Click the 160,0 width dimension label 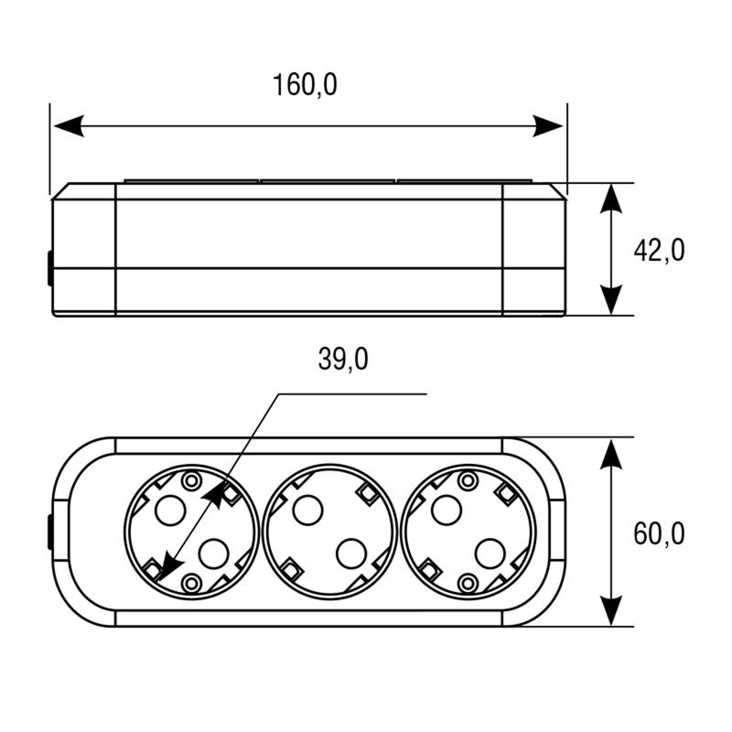coord(305,84)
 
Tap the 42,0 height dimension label coord(659,250)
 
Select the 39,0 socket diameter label coord(343,359)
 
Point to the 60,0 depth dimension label coord(659,533)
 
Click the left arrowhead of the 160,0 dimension coord(70,125)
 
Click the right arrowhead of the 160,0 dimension coord(547,125)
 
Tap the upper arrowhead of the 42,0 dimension coord(611,199)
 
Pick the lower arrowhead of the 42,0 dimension coord(611,300)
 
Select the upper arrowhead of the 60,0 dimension coord(611,454)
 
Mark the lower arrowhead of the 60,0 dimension coord(611,610)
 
